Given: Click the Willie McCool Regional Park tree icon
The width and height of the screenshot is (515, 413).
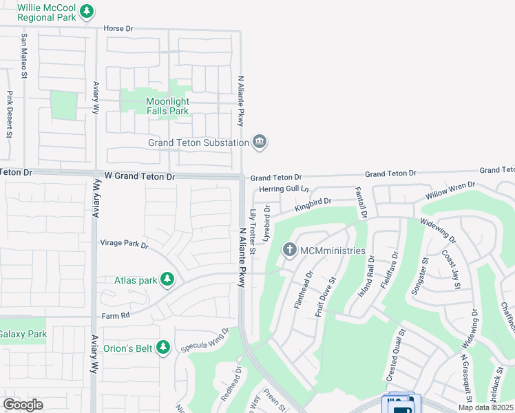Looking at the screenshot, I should [x=87, y=11].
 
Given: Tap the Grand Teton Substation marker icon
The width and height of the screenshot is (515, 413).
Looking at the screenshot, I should [x=260, y=142].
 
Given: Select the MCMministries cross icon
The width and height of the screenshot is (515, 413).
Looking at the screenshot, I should [x=290, y=250].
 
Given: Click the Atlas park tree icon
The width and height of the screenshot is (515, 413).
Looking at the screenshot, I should [x=167, y=279].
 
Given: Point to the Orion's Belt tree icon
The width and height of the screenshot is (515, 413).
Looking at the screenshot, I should [x=163, y=348].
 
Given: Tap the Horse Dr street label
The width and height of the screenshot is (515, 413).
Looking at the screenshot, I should [x=118, y=29].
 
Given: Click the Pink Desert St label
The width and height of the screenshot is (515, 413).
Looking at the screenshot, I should [x=10, y=115].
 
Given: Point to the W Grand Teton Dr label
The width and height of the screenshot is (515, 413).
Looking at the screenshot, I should [x=140, y=177].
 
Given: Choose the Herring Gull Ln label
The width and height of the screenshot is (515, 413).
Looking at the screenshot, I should [x=284, y=189].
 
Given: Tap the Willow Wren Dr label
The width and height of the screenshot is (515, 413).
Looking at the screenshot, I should [x=450, y=191].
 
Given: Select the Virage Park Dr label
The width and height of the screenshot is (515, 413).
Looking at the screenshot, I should [x=124, y=243].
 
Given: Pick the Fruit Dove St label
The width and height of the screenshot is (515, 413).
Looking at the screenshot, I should [x=325, y=296].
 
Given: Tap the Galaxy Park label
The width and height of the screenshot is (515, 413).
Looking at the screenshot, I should [x=22, y=335].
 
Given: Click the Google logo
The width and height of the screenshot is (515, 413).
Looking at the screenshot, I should [x=23, y=405].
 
